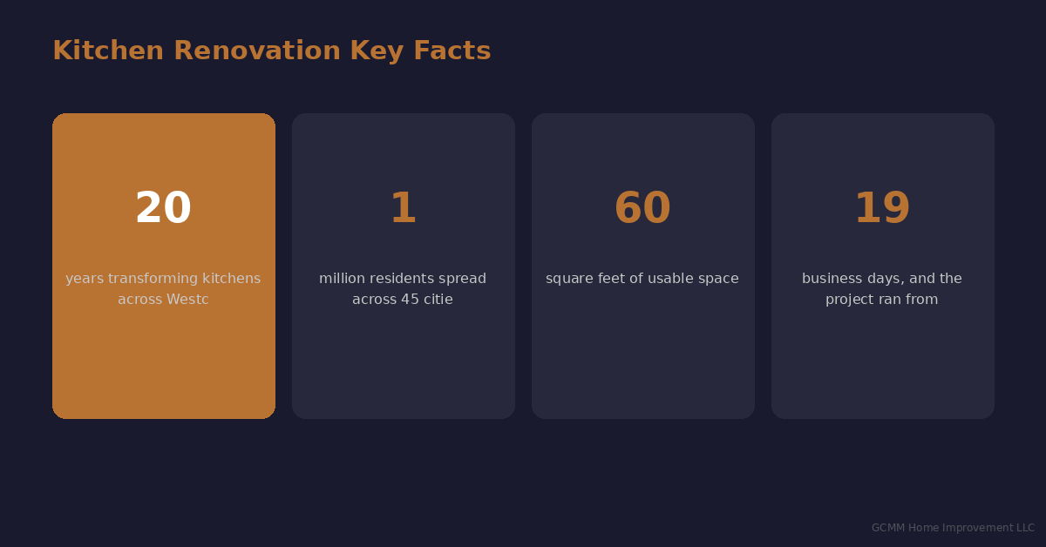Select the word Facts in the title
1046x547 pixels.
[452, 51]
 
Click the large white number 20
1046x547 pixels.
[163, 209]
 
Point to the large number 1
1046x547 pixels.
[403, 209]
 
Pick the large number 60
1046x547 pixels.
[642, 209]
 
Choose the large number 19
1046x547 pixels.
[882, 209]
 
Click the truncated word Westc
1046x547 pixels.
[188, 300]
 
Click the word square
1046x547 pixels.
[569, 279]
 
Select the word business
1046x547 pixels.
[831, 279]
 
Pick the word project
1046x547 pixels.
[850, 300]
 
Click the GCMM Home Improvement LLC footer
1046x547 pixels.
[953, 528]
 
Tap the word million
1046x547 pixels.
[342, 279]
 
